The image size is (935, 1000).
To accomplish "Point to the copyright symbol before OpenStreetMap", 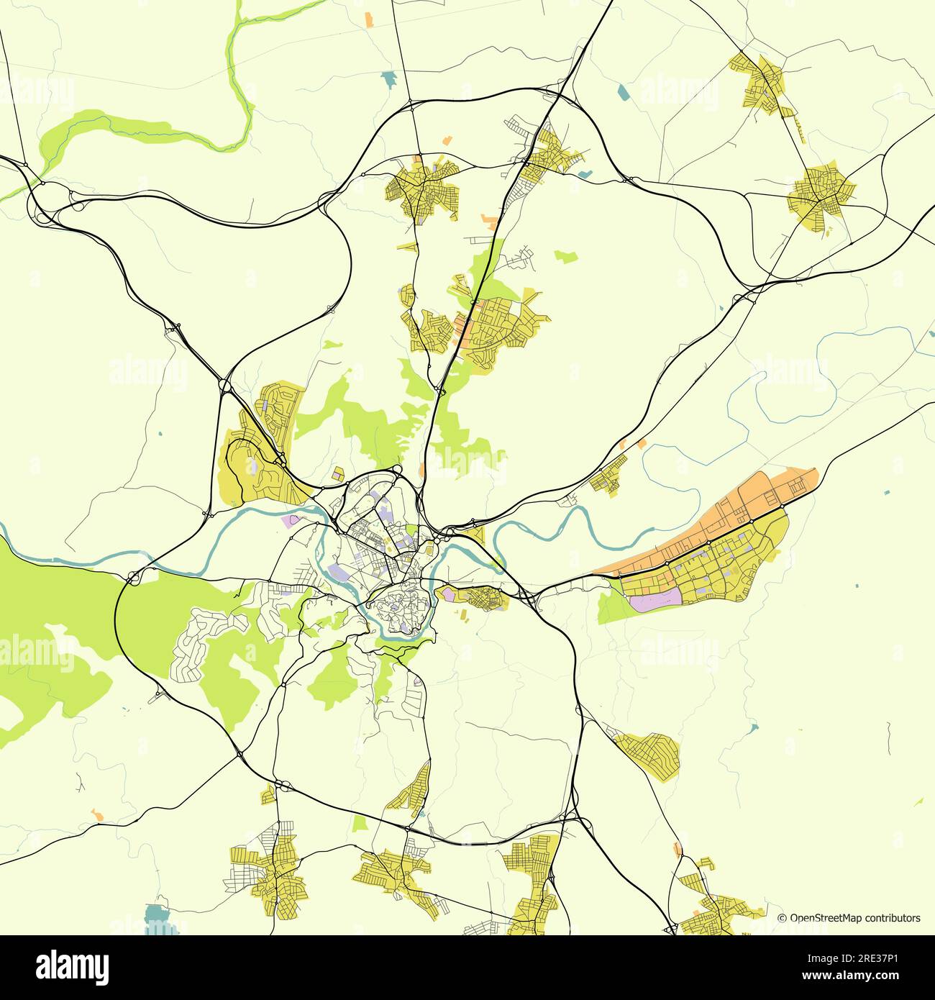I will [783, 918].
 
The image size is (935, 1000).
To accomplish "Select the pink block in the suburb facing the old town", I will [447, 594].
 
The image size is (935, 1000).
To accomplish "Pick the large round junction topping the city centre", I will [397, 471].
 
